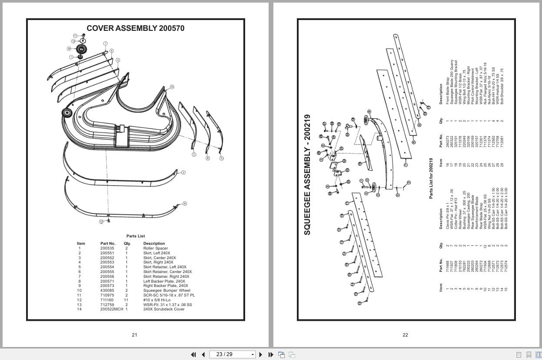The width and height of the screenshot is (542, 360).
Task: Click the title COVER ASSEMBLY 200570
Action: point(135,28)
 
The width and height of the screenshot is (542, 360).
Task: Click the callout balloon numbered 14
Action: point(172,87)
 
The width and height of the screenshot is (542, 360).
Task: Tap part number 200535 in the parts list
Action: point(107,248)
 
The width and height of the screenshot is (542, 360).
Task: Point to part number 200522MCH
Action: point(111,309)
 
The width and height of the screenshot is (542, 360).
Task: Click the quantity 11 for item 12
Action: point(126,300)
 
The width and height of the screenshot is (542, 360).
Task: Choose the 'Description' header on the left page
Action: point(154,243)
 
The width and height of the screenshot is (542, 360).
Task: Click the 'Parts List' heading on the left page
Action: point(135,236)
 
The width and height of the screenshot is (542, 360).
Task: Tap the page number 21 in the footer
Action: point(134,335)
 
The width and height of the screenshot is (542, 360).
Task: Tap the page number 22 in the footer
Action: point(405,335)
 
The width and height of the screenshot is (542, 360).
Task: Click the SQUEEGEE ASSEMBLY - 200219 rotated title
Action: point(307,174)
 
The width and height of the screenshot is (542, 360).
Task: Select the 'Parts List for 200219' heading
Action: point(431,178)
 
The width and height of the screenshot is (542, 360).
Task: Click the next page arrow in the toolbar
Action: point(261,354)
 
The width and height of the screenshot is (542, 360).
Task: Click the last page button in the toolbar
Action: point(270,354)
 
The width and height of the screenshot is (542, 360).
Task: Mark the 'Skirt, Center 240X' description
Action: point(160,258)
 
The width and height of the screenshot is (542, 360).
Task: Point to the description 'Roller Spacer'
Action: point(155,248)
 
